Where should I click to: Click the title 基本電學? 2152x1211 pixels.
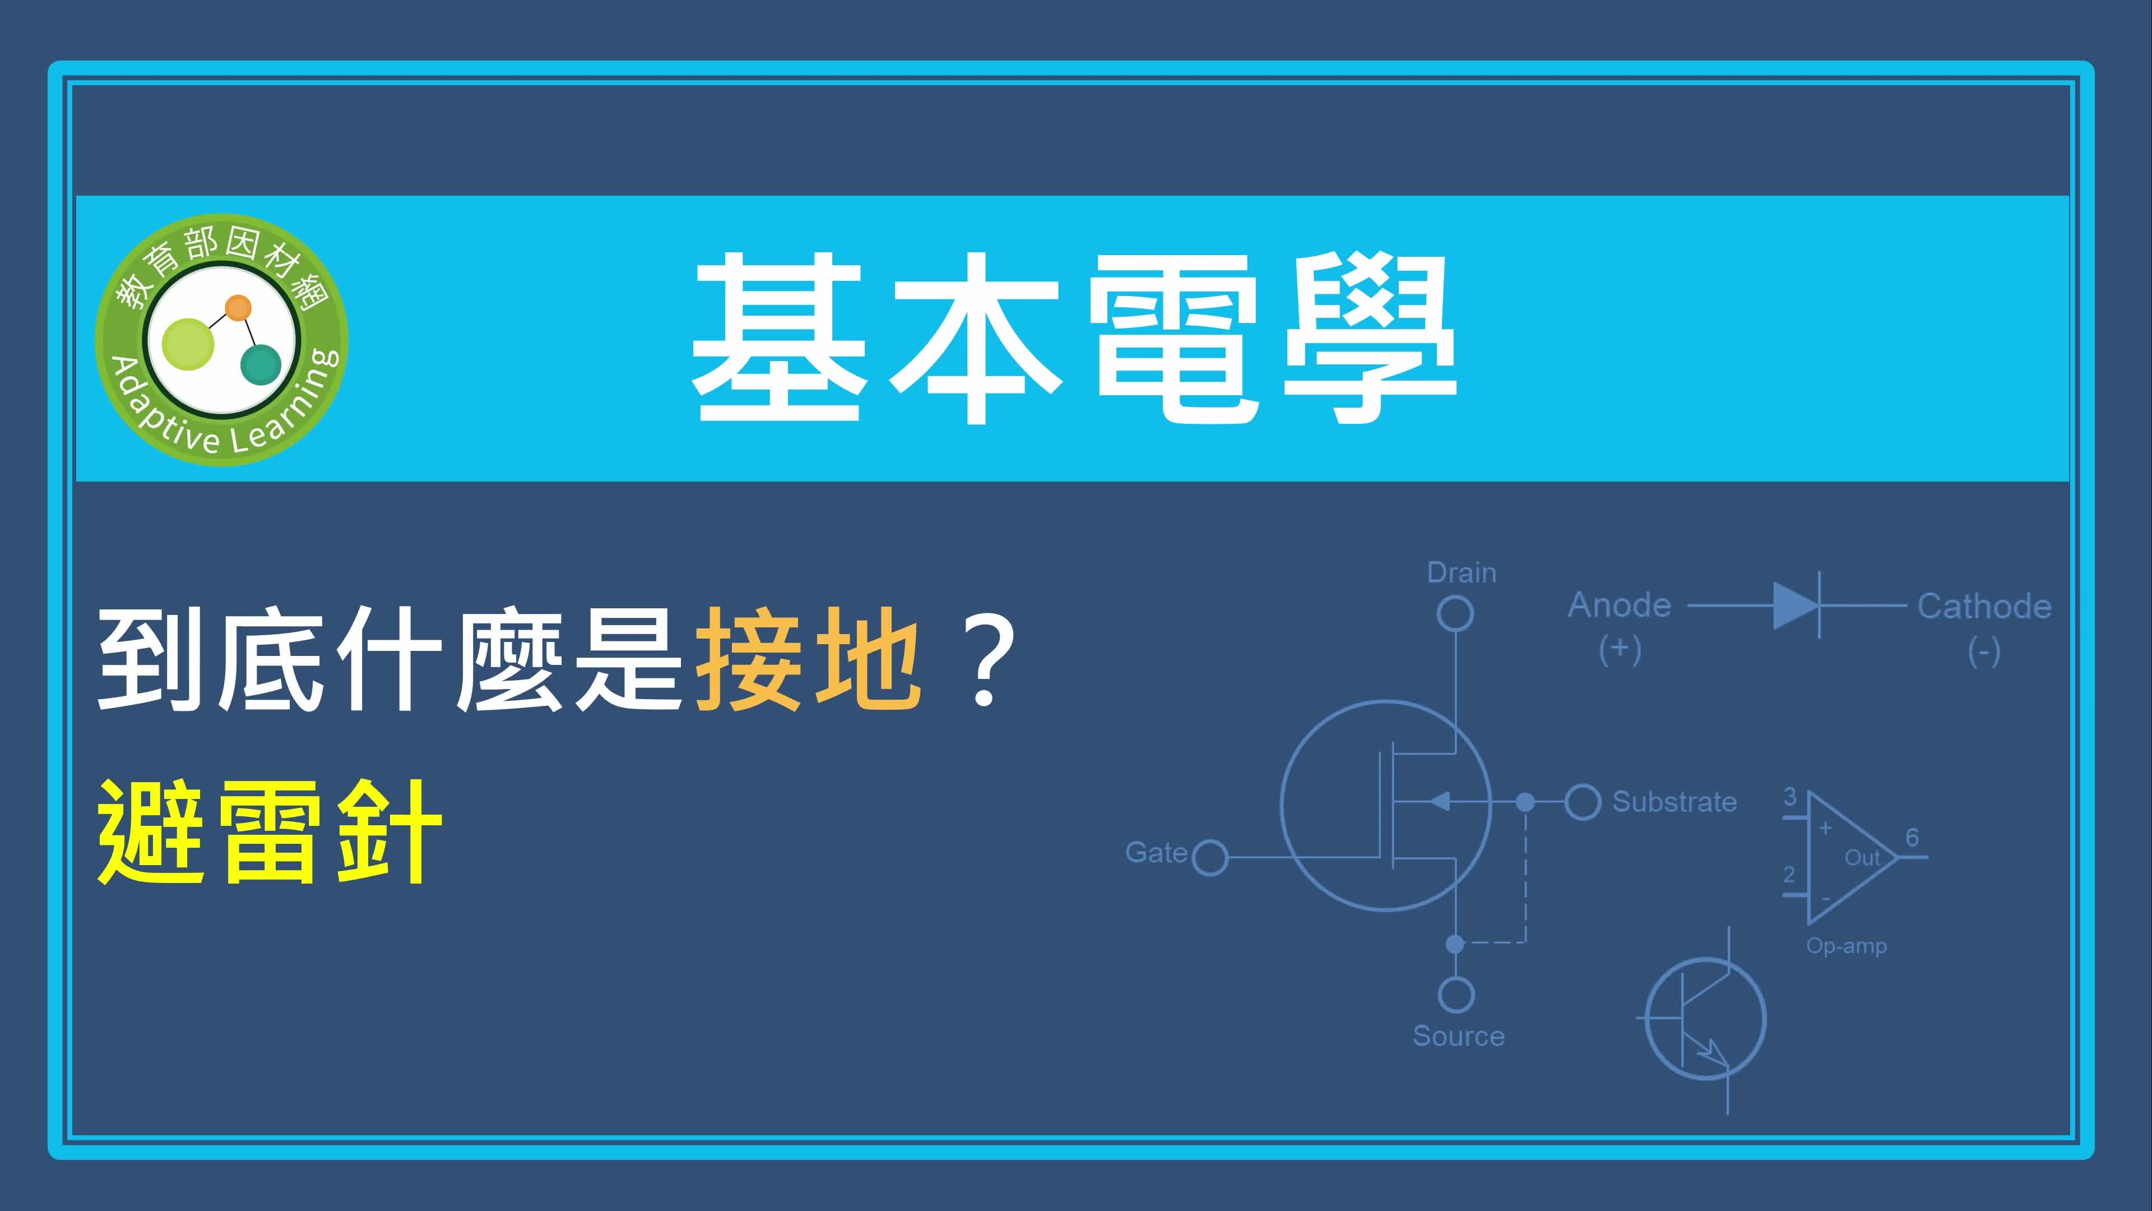[1074, 339]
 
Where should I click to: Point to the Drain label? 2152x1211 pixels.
[1461, 572]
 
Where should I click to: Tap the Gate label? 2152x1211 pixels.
[1156, 852]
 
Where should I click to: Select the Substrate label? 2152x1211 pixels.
[1674, 802]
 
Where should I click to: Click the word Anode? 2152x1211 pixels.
[1620, 605]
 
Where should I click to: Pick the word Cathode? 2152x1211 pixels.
[1984, 606]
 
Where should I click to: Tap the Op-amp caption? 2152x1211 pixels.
[1846, 946]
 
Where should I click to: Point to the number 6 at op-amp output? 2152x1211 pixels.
[1912, 838]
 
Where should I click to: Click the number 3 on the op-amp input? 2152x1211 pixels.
[1789, 797]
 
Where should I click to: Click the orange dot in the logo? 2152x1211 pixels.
[238, 308]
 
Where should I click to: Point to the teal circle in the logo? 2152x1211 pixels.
[261, 364]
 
